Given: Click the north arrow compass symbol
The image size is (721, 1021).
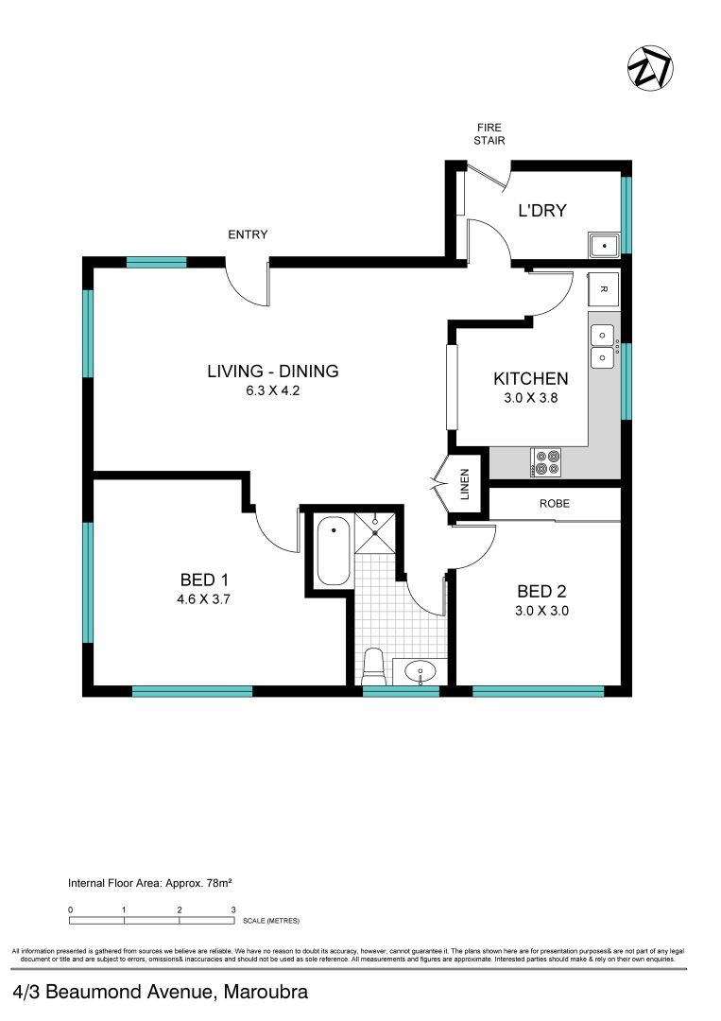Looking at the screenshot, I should pyautogui.click(x=650, y=68).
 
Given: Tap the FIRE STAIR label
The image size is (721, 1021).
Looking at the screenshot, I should pyautogui.click(x=489, y=134).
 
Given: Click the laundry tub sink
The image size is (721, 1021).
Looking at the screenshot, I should pyautogui.click(x=603, y=246).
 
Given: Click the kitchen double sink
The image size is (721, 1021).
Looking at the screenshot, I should pyautogui.click(x=601, y=346).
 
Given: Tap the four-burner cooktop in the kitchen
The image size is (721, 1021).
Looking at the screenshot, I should pyautogui.click(x=547, y=460).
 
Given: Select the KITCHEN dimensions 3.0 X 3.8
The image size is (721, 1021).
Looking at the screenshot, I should pyautogui.click(x=530, y=399).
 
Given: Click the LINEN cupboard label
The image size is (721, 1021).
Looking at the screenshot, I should pyautogui.click(x=466, y=486).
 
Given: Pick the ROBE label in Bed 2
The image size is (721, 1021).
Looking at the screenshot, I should pyautogui.click(x=555, y=504).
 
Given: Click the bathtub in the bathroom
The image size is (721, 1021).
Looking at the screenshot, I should pyautogui.click(x=333, y=551).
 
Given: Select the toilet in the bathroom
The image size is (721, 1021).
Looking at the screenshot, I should pyautogui.click(x=374, y=666).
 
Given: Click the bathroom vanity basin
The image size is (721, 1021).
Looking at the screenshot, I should pyautogui.click(x=420, y=672).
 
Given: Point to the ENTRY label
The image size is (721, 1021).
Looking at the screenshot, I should pyautogui.click(x=248, y=234).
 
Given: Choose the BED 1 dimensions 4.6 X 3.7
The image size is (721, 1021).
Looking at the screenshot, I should pyautogui.click(x=205, y=598).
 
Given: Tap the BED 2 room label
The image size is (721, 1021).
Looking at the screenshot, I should pyautogui.click(x=541, y=592).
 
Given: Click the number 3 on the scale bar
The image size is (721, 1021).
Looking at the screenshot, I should pyautogui.click(x=233, y=909).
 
